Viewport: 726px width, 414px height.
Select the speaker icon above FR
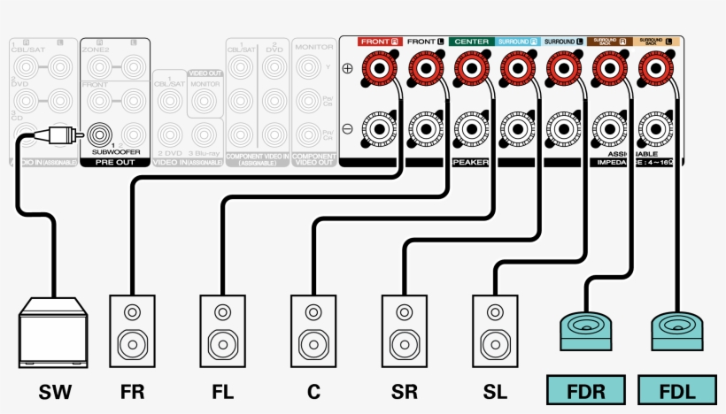click(x=132, y=332)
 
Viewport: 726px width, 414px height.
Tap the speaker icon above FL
click(x=222, y=332)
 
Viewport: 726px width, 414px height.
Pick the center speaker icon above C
click(x=313, y=332)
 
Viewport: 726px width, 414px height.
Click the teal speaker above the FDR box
click(x=586, y=332)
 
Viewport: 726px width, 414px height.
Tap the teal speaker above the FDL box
click(x=677, y=332)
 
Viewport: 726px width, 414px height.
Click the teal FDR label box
click(x=585, y=389)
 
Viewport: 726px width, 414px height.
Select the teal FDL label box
click(x=676, y=389)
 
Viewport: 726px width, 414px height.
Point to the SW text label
click(x=54, y=390)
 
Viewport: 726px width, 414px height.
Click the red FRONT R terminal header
click(x=380, y=42)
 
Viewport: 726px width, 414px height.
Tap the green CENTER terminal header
click(x=471, y=42)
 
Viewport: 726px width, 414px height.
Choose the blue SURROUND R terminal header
click(x=516, y=42)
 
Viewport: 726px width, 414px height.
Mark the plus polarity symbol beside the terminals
click(x=348, y=68)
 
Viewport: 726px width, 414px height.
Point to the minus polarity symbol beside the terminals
click(x=348, y=128)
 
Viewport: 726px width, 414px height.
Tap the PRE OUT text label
click(x=115, y=163)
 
